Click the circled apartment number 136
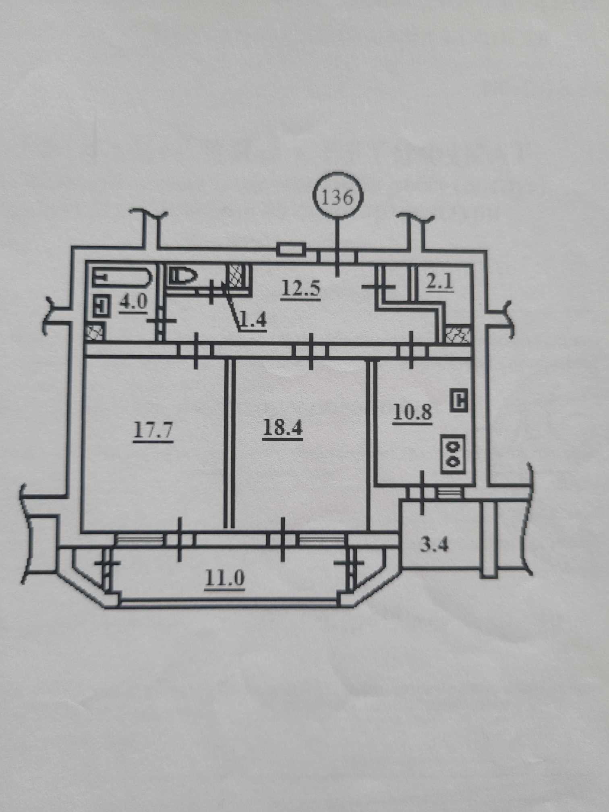point(338,198)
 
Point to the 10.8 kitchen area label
point(412,413)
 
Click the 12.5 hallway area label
point(301,288)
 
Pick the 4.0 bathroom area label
point(133,302)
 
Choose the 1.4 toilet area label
point(253,322)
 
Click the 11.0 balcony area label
point(225,579)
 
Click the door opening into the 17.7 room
point(196,350)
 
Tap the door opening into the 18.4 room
point(311,350)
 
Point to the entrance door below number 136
point(338,257)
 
